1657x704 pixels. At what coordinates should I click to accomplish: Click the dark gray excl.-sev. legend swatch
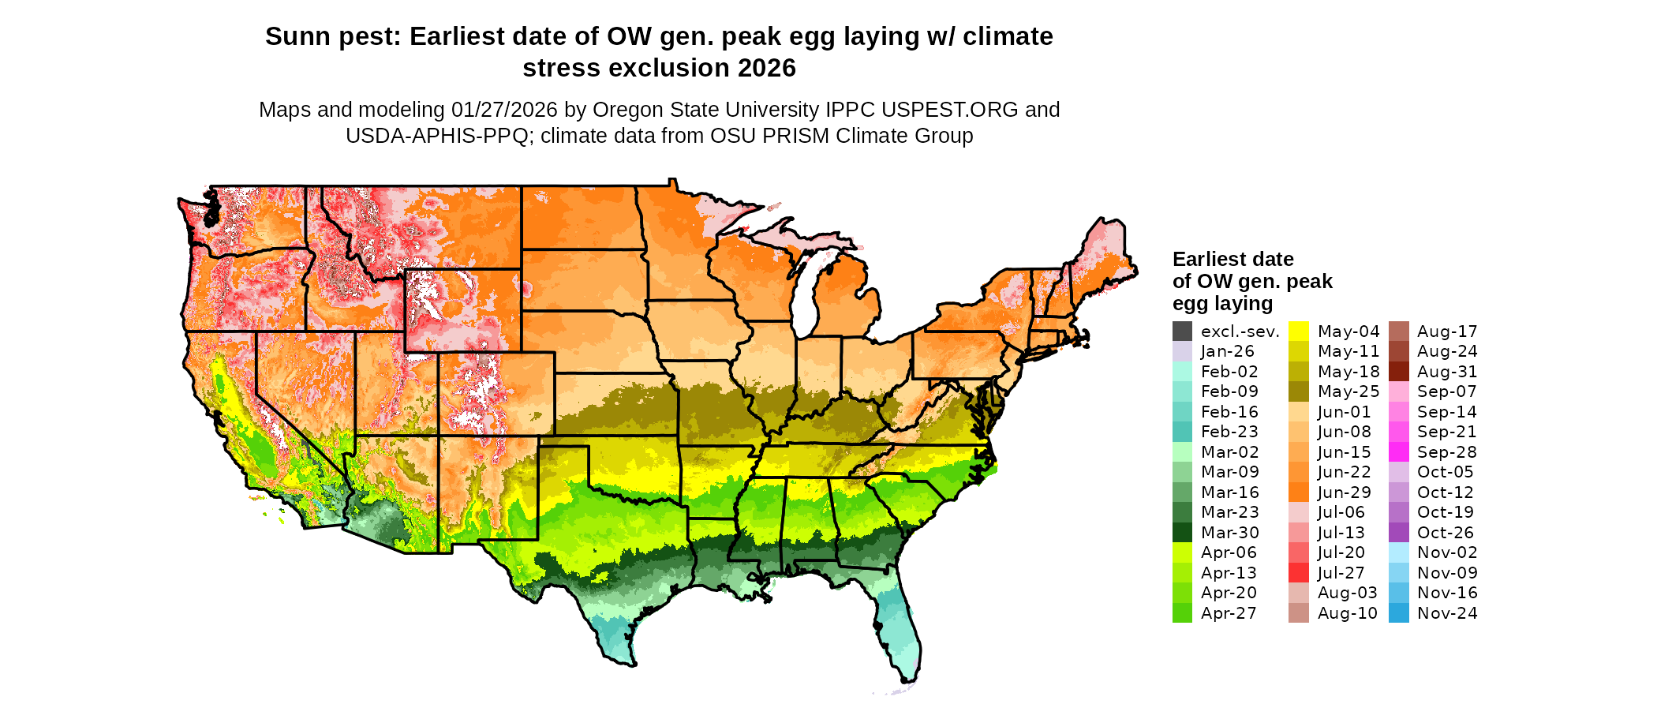click(x=1182, y=331)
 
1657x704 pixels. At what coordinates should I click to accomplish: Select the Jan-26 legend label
click(x=1227, y=352)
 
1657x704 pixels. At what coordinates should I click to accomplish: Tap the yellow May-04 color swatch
click(x=1299, y=331)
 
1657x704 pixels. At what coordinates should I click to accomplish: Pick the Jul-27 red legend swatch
click(x=1299, y=573)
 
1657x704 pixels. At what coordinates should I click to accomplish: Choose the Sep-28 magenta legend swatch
click(x=1398, y=452)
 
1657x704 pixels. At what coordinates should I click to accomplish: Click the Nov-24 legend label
click(x=1447, y=613)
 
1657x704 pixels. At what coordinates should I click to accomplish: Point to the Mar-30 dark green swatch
click(x=1182, y=533)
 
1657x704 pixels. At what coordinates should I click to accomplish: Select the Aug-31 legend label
click(x=1447, y=372)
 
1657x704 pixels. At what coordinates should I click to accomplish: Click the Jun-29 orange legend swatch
click(x=1299, y=492)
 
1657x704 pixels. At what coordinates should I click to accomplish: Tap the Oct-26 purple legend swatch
click(x=1398, y=533)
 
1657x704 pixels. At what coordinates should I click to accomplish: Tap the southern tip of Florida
click(x=907, y=679)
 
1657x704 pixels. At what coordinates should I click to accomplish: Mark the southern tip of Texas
click(x=628, y=661)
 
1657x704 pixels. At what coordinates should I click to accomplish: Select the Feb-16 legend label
click(x=1229, y=412)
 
